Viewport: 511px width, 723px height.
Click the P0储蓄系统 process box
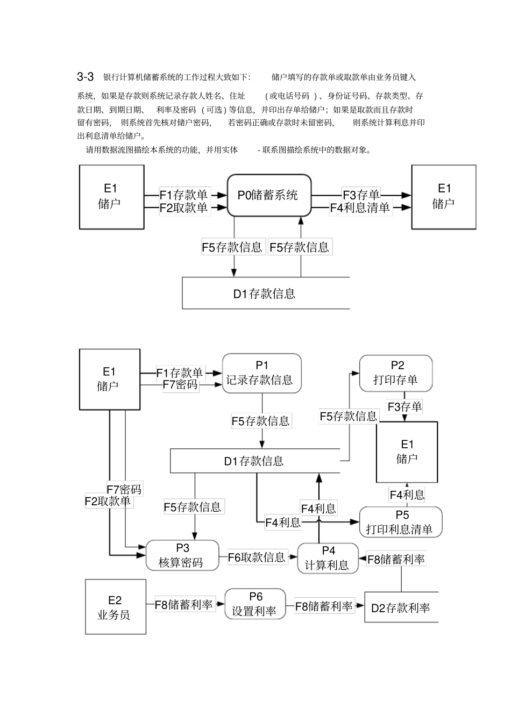(x=269, y=195)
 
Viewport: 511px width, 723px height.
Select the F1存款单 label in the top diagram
(x=184, y=195)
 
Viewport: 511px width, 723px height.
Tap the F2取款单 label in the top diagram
(x=184, y=208)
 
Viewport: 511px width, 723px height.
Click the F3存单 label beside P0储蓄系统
(x=361, y=195)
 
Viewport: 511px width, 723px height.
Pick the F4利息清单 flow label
(x=360, y=208)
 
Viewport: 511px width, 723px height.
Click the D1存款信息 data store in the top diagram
(x=265, y=294)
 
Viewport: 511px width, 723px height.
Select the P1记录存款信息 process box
(x=261, y=373)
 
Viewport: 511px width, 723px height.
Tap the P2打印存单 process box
(x=396, y=373)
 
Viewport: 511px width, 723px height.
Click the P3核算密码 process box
(x=182, y=556)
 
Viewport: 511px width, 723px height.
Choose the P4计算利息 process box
(x=328, y=558)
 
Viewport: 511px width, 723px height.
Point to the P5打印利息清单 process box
(x=400, y=522)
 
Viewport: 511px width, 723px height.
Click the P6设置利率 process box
(x=254, y=604)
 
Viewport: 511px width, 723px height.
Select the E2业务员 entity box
(x=115, y=607)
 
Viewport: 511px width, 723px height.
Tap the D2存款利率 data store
(x=401, y=608)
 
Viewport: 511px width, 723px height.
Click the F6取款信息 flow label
(x=257, y=557)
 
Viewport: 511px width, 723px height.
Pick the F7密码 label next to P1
(x=180, y=385)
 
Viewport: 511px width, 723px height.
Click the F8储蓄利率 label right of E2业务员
(x=184, y=605)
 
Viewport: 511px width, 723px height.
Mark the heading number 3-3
(x=86, y=77)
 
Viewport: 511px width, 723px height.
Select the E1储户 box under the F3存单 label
(x=407, y=452)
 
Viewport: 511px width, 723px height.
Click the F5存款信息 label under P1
(x=261, y=421)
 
